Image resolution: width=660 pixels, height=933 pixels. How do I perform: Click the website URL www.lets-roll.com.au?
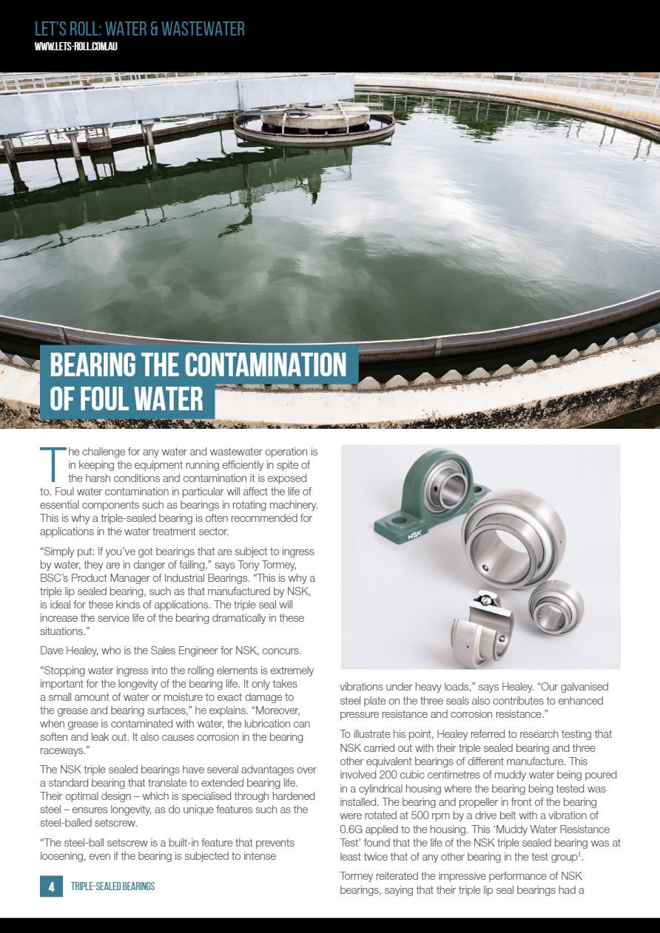point(77,47)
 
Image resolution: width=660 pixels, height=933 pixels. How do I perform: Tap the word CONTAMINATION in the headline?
point(257,365)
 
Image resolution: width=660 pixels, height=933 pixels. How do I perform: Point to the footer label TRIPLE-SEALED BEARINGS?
point(112,886)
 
